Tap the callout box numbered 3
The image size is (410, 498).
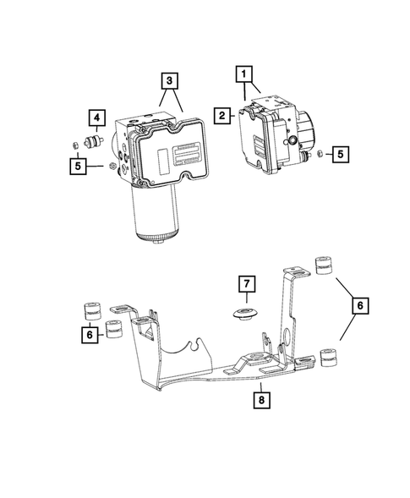click(172, 82)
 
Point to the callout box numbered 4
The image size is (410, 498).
click(98, 118)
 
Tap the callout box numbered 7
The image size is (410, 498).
click(245, 283)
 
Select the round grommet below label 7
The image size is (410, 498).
click(244, 315)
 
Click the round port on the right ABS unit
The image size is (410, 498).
click(291, 140)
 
